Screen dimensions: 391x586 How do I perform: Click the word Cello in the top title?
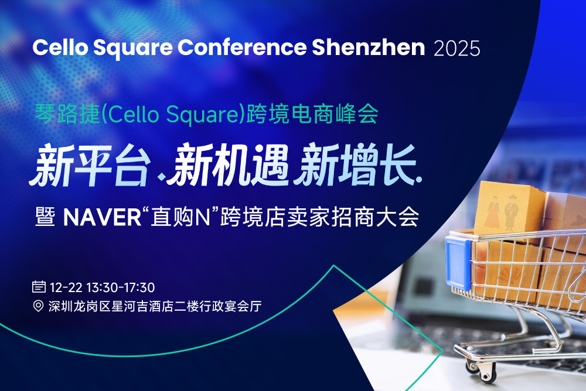click(59, 48)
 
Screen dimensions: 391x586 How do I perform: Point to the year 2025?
click(457, 49)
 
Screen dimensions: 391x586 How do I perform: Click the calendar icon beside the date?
click(39, 287)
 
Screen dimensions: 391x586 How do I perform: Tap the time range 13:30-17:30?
click(120, 287)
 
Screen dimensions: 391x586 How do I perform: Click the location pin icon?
click(39, 306)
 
